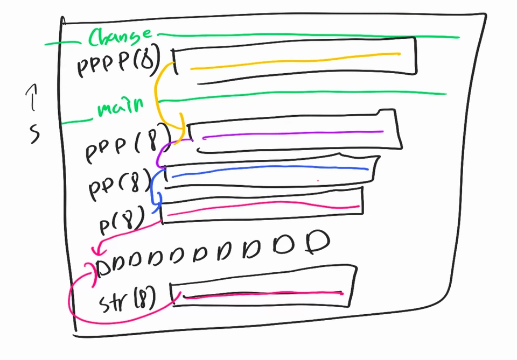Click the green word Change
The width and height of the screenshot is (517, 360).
[x=120, y=38]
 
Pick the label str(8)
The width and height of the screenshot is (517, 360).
[x=128, y=300]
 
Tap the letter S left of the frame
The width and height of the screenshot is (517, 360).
[x=34, y=133]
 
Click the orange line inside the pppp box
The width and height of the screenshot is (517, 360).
[x=296, y=60]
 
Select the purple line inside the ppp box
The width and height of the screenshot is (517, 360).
[x=294, y=133]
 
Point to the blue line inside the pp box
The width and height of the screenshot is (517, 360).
[x=269, y=170]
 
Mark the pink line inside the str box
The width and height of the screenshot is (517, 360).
[x=264, y=294]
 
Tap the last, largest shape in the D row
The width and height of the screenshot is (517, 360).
[x=318, y=242]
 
